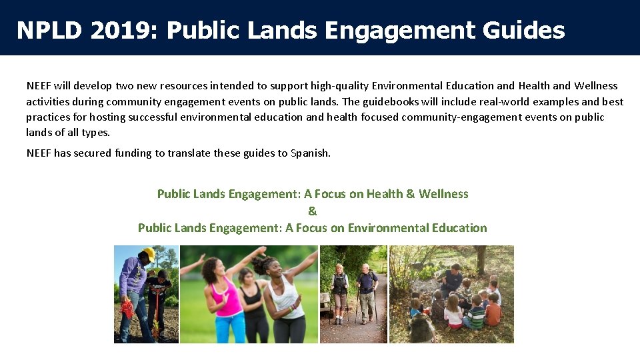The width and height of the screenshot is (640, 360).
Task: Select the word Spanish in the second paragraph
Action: [x=310, y=153]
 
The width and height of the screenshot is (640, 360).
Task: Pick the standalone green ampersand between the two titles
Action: [x=313, y=211]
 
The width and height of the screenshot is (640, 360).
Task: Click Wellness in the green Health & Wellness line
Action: [x=443, y=194]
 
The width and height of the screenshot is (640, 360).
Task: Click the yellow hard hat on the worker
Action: [x=149, y=253]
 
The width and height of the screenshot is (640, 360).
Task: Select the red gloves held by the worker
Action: [x=126, y=308]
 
